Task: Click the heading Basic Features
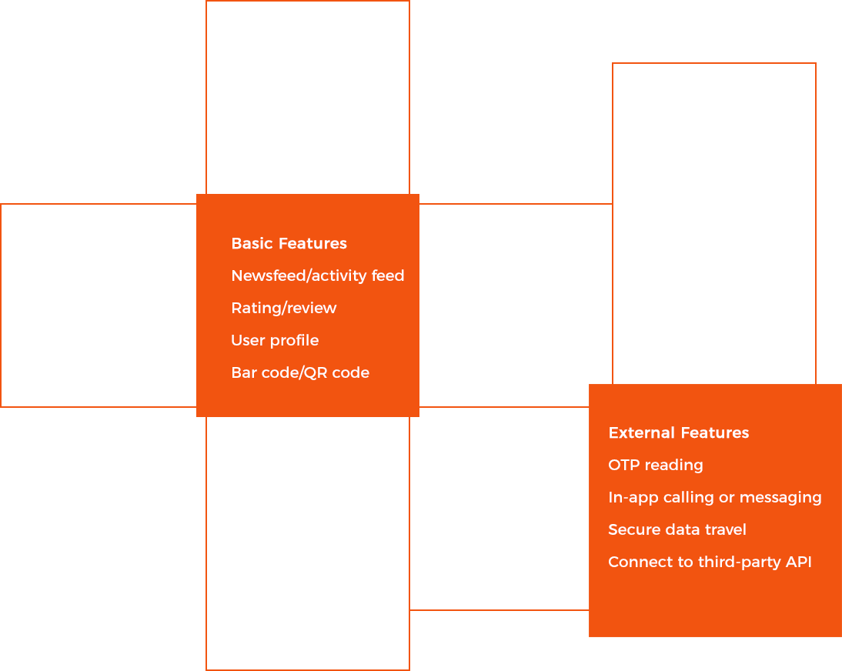click(x=289, y=244)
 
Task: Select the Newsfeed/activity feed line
click(x=317, y=276)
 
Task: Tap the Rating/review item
click(x=283, y=309)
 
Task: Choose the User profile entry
click(x=275, y=341)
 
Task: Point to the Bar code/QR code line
click(x=300, y=373)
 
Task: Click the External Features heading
click(x=678, y=433)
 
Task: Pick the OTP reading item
click(x=655, y=466)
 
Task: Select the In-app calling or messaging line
click(x=714, y=498)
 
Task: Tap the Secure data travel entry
click(x=677, y=530)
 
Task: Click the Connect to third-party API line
click(x=710, y=563)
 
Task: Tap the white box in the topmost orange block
click(x=289, y=105)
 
